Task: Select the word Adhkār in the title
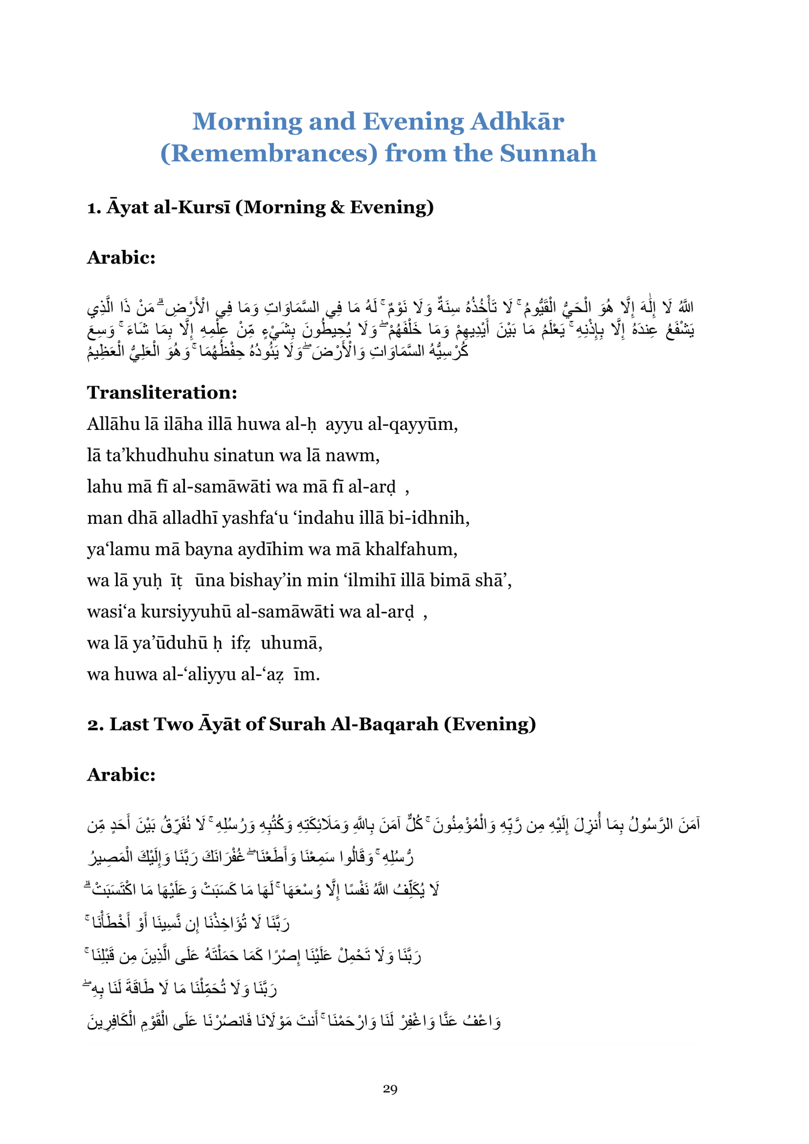(x=517, y=121)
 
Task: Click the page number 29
(x=390, y=1089)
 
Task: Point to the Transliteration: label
(x=162, y=392)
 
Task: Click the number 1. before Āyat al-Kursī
(x=94, y=207)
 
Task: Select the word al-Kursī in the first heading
(x=191, y=207)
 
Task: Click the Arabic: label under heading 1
(x=121, y=258)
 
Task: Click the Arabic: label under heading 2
(x=121, y=775)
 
